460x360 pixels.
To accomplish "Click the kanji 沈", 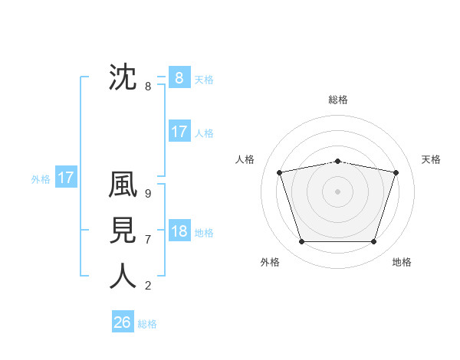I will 123,77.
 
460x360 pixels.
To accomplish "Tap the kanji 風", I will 123,185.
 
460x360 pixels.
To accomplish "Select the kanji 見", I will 123,231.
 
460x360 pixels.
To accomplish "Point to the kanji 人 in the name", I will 123,277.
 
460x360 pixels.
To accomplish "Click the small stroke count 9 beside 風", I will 148,194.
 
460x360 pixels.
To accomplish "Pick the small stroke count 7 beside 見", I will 148,240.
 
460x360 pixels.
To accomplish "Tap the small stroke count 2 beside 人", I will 148,286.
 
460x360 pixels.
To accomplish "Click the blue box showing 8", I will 179,78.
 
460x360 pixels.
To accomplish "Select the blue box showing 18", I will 179,231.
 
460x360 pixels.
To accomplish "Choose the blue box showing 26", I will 123,322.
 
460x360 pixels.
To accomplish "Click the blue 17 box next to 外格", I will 66,178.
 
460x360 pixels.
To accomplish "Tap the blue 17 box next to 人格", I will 179,132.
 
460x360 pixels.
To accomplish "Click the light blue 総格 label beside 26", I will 147,324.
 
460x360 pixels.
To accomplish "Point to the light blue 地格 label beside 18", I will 204,233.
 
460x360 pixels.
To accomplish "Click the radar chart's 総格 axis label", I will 337,100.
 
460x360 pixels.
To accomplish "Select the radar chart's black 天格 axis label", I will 431,159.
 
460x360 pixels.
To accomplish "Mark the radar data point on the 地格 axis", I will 373,242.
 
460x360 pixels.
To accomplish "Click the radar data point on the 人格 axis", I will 279,172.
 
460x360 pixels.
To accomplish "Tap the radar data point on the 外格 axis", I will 301,242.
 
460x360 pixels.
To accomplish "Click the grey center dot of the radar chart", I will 337,191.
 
